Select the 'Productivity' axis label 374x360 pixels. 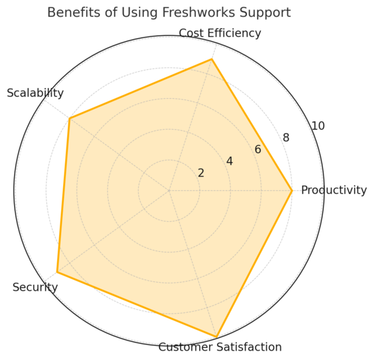334,190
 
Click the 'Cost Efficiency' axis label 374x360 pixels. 220,33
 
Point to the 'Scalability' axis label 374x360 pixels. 35,93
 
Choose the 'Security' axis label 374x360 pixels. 35,287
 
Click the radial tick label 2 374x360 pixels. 201,173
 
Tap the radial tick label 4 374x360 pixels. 230,161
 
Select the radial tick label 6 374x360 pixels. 258,149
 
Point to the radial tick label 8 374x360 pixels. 286,138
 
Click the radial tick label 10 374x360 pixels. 318,126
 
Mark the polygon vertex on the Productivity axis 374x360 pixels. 292,191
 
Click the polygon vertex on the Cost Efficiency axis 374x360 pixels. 212,60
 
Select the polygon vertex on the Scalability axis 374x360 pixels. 69,118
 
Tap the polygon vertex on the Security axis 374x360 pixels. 57,272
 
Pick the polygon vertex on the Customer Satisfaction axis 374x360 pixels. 216,336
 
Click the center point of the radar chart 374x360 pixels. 169,191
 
